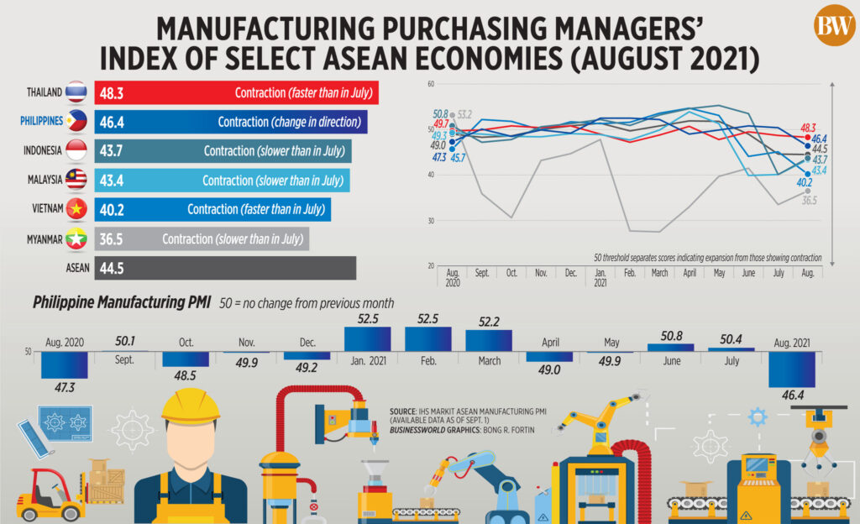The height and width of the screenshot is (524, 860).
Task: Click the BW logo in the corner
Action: pos(834,25)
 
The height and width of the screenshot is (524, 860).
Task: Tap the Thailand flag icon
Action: pos(76,92)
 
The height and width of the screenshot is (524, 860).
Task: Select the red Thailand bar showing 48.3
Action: pos(236,92)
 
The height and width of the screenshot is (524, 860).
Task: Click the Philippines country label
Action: pos(42,121)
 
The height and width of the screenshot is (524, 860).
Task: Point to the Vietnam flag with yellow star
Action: pos(76,209)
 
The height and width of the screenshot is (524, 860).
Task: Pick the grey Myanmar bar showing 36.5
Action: pos(202,239)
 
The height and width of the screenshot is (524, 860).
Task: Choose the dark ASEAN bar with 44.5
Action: pos(225,268)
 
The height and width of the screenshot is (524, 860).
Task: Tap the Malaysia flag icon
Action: pos(76,179)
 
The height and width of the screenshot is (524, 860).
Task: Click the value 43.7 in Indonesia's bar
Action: pos(112,150)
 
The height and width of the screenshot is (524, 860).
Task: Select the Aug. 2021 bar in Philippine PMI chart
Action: pos(792,369)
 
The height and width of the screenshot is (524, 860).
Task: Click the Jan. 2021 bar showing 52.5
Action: pos(368,339)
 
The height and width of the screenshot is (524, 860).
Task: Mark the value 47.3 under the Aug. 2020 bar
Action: pos(65,387)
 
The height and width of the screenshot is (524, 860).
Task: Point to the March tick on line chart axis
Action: pos(659,273)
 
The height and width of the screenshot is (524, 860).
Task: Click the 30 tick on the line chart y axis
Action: pos(431,221)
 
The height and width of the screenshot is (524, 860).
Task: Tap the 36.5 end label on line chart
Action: pos(810,201)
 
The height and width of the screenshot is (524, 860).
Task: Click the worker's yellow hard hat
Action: pos(191,406)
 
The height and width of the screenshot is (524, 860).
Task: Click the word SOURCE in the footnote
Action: pos(402,411)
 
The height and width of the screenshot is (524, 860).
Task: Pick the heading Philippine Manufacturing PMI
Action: pos(122,302)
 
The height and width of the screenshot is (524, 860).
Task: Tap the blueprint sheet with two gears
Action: pos(66,423)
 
